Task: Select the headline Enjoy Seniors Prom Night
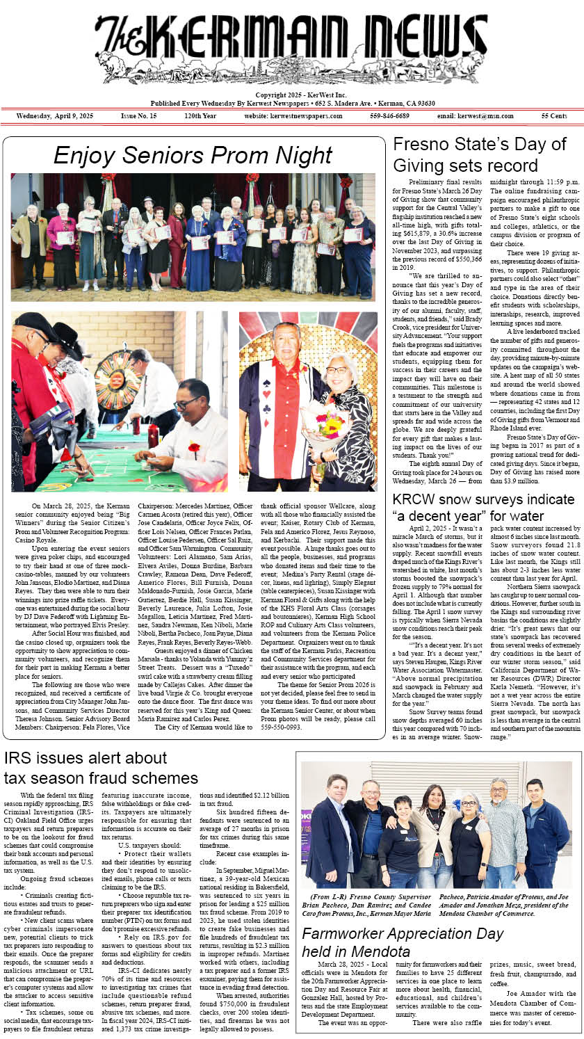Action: [192, 154]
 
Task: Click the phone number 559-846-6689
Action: [389, 115]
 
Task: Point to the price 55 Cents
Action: [554, 115]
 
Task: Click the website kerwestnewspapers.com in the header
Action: [293, 115]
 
